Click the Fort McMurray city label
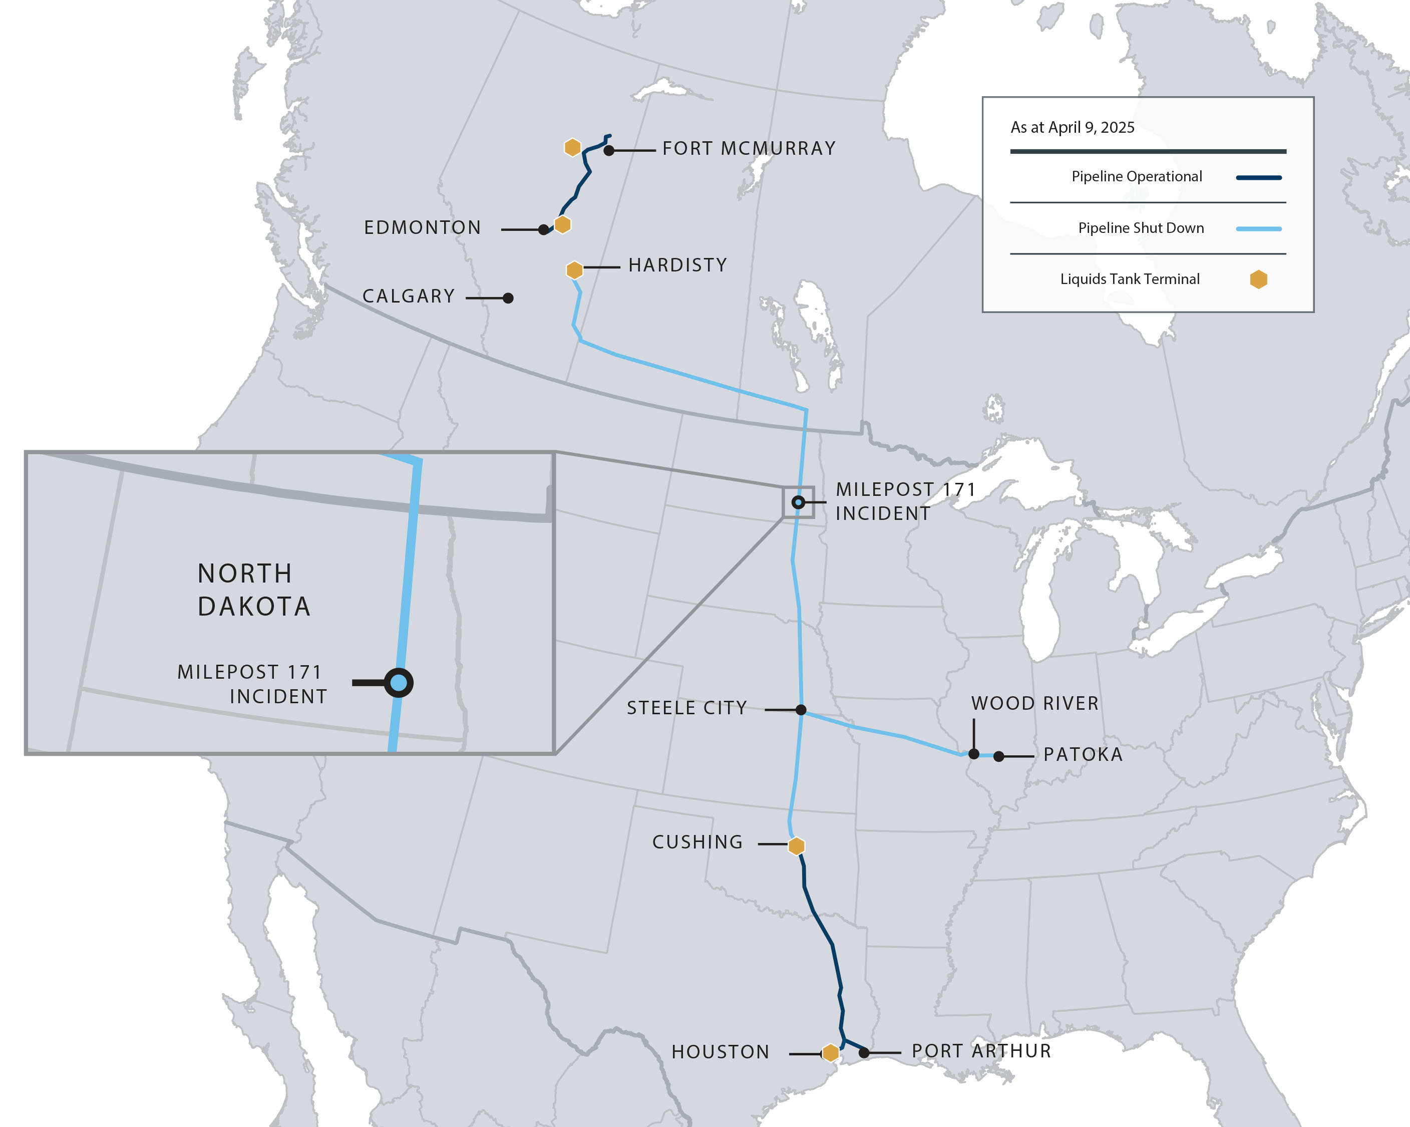point(749,148)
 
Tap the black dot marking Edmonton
point(543,229)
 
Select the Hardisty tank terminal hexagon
point(574,269)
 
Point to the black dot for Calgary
point(508,298)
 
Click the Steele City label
point(686,708)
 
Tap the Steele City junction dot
point(801,710)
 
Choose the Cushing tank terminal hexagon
point(796,846)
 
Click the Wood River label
point(1034,703)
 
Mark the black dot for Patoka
point(998,757)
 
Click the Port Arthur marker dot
point(864,1052)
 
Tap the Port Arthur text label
point(981,1051)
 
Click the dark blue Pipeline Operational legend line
point(1258,177)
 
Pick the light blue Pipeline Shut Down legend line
point(1258,229)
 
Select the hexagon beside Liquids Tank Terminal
point(1258,280)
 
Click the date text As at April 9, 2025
point(1073,128)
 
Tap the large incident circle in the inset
point(398,683)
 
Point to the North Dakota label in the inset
point(254,590)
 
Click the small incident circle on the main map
point(798,502)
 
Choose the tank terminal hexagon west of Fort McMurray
point(572,147)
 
